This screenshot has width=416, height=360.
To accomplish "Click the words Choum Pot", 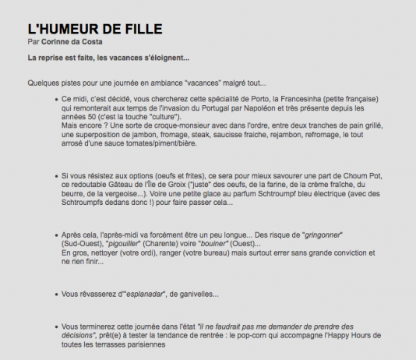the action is (360, 175).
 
